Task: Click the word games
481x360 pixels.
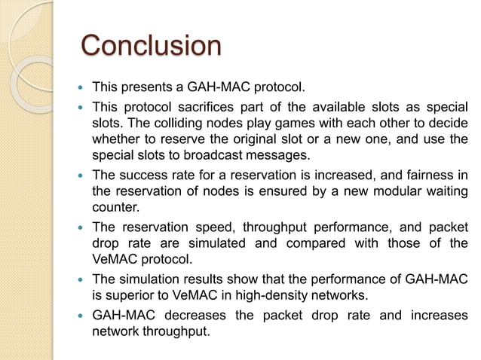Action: pos(271,122)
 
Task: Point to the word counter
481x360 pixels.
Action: pos(114,208)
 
